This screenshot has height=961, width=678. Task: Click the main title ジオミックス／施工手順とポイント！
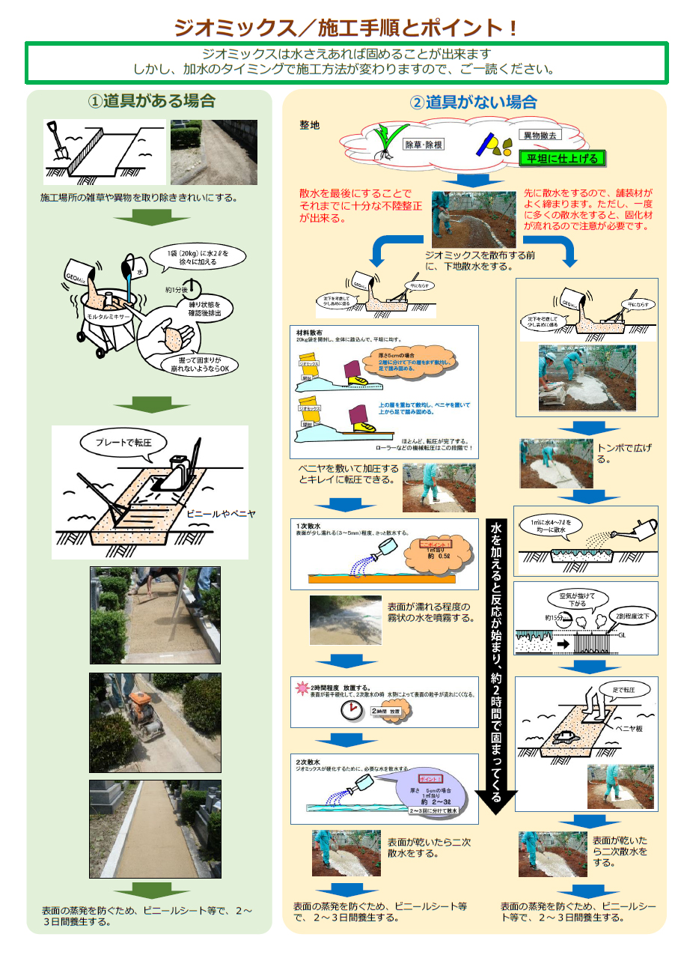pyautogui.click(x=346, y=28)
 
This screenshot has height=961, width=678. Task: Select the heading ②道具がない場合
pyautogui.click(x=473, y=103)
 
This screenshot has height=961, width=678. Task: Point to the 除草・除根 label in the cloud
pyautogui.click(x=424, y=144)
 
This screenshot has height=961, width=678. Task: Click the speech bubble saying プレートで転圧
pyautogui.click(x=123, y=443)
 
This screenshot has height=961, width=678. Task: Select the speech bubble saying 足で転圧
pyautogui.click(x=626, y=688)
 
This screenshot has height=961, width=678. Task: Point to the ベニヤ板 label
pyautogui.click(x=629, y=728)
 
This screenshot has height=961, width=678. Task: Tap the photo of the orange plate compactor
pyautogui.click(x=155, y=722)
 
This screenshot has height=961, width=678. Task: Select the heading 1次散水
pyautogui.click(x=309, y=526)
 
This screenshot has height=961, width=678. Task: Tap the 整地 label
pyautogui.click(x=309, y=124)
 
